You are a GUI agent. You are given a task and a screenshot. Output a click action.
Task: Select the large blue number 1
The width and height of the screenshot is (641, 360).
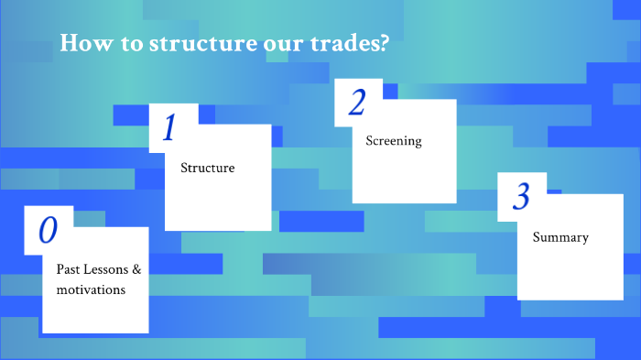[168, 129]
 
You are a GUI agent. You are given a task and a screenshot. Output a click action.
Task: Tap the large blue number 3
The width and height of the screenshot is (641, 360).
[522, 196]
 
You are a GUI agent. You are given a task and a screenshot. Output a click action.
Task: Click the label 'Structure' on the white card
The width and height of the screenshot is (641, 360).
[207, 168]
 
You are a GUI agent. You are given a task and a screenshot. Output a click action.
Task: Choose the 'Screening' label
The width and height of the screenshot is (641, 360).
[394, 141]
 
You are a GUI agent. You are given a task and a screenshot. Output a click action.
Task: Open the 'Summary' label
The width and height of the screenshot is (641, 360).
[560, 237]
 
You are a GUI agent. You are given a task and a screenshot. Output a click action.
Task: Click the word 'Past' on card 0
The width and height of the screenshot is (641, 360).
[69, 270]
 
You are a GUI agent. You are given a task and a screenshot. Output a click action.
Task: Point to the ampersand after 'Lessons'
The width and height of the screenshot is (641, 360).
[136, 270]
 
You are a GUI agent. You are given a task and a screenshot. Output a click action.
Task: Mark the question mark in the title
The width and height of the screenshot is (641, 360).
[382, 44]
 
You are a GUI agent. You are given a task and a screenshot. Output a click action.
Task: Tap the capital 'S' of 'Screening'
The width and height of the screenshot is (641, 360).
[369, 141]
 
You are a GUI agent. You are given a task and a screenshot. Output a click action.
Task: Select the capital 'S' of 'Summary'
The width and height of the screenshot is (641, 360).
[537, 237]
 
